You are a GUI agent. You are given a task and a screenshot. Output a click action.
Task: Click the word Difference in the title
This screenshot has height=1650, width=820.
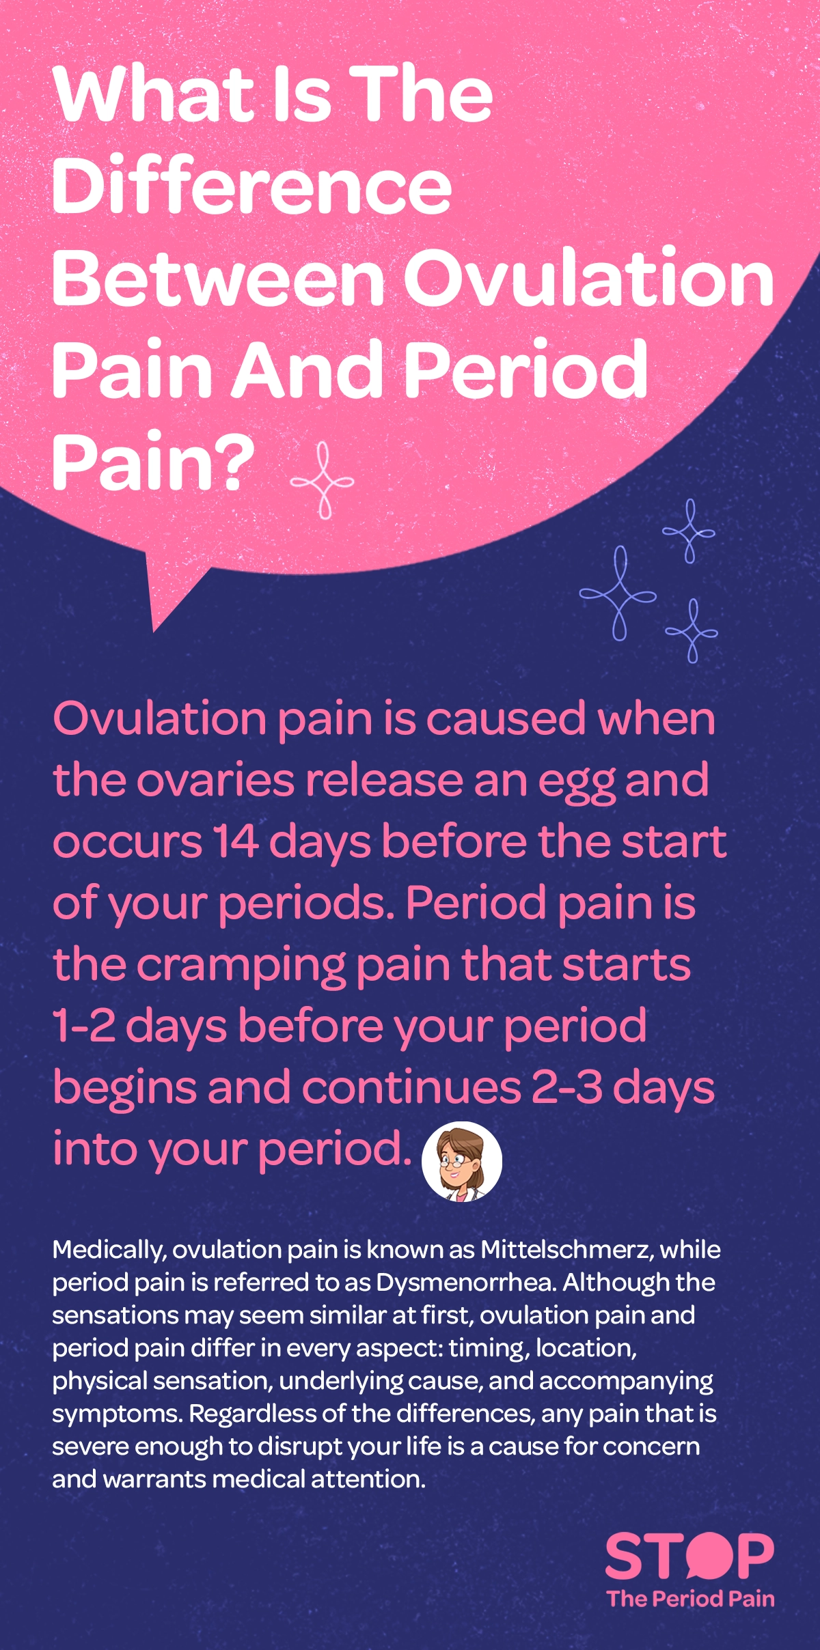(x=251, y=186)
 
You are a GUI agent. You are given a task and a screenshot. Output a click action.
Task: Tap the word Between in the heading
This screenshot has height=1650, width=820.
(x=219, y=279)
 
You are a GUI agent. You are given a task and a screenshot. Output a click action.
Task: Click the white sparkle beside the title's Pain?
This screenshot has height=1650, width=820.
(x=323, y=480)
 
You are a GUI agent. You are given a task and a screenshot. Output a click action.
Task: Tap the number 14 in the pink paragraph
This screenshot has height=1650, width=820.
(x=235, y=841)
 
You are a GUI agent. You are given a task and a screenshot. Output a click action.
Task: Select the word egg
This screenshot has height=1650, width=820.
(x=576, y=781)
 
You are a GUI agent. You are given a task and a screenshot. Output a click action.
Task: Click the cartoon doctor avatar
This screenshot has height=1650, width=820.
(x=462, y=1162)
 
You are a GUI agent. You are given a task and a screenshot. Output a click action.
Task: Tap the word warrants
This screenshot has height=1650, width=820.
(x=155, y=1479)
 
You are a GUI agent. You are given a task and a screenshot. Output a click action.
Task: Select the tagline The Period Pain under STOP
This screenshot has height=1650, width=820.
(x=690, y=1599)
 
